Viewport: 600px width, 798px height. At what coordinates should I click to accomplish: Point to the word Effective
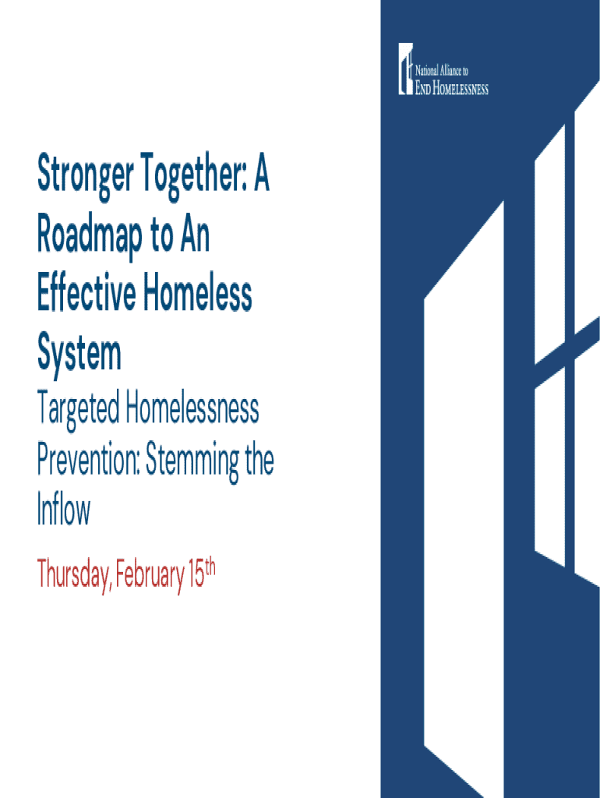click(86, 294)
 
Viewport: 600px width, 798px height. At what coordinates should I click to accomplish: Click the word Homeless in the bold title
click(198, 294)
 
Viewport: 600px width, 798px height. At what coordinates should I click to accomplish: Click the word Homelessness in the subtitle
click(192, 408)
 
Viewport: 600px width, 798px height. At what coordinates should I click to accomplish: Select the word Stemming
click(192, 462)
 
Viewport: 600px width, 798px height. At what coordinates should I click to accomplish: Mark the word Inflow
click(64, 509)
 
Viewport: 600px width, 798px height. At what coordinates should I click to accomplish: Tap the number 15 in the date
click(196, 574)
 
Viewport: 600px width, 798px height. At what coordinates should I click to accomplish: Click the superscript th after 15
click(210, 567)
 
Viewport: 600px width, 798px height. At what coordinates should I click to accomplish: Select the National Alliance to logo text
click(442, 71)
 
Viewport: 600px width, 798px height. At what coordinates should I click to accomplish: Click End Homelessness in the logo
click(452, 88)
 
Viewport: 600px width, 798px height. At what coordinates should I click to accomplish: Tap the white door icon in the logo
click(405, 69)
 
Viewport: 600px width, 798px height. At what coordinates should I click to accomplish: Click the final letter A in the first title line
click(261, 172)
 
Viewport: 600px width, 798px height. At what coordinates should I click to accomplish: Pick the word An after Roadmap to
click(195, 235)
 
